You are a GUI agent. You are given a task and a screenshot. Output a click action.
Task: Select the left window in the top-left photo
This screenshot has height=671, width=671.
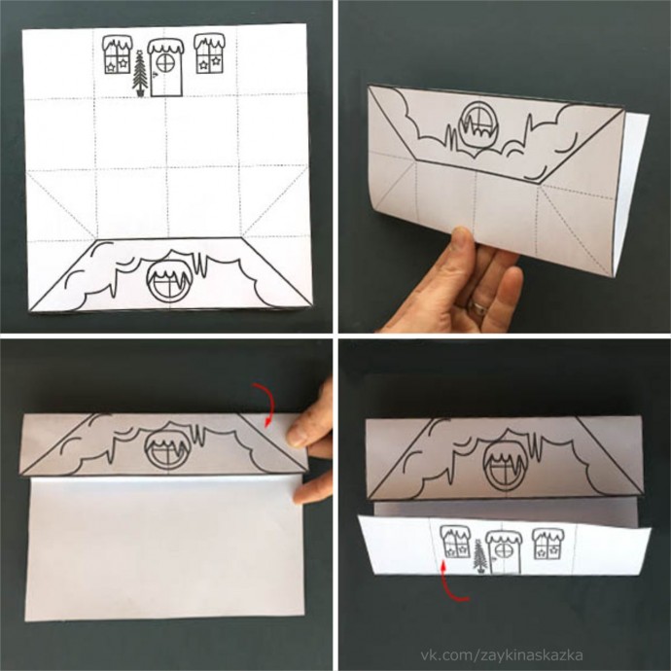tap(118, 53)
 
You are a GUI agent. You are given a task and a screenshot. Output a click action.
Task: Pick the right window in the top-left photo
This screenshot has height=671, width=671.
tap(210, 53)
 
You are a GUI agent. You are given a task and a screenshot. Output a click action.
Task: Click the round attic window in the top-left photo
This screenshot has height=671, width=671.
tap(167, 281)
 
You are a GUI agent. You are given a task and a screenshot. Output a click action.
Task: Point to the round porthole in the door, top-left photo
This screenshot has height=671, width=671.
tap(165, 63)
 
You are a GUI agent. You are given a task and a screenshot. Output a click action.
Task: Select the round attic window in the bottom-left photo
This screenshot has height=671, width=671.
tap(167, 446)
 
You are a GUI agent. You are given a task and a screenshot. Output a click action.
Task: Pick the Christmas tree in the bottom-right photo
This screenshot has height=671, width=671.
tap(480, 556)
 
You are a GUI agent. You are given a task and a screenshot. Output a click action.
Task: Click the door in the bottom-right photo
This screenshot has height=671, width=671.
tap(504, 552)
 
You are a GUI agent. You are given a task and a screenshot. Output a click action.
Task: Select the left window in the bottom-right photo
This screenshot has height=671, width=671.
tap(455, 543)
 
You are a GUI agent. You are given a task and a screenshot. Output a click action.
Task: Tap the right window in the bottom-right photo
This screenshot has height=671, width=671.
tap(547, 543)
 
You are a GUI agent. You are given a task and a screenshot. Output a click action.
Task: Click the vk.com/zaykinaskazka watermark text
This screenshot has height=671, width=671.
tap(502, 654)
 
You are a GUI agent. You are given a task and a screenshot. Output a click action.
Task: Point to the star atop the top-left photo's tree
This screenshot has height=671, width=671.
tap(139, 53)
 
